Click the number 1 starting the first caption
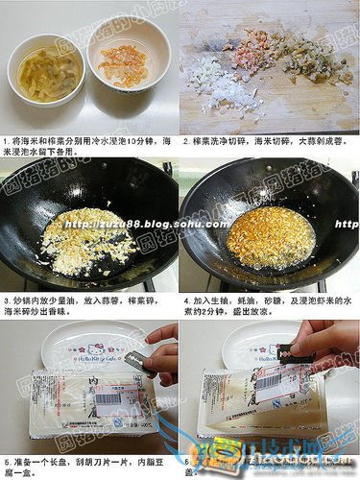[5, 140]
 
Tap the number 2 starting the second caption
[184, 140]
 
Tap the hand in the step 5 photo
[163, 355]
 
